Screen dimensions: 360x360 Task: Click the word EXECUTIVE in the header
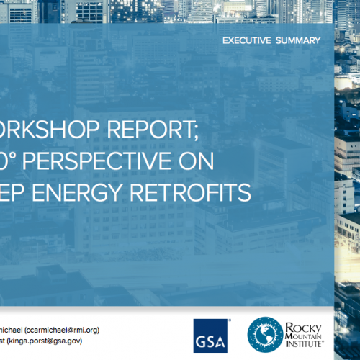coord(247,40)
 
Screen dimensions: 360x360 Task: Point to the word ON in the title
coord(199,163)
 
